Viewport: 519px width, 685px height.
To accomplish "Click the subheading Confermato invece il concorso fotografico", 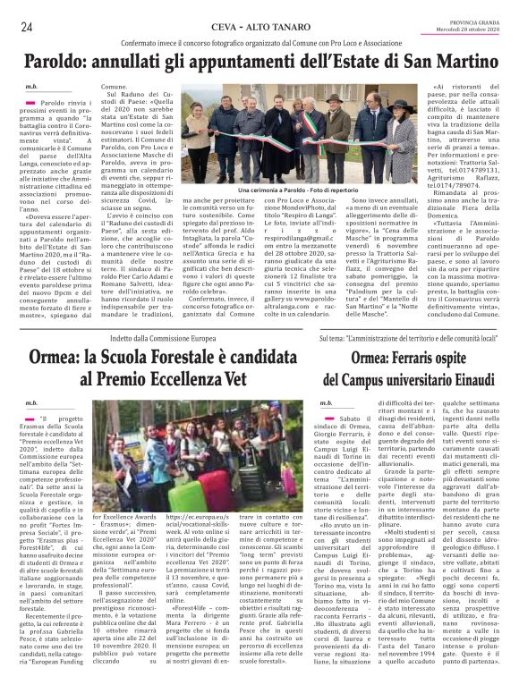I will coord(259,42).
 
